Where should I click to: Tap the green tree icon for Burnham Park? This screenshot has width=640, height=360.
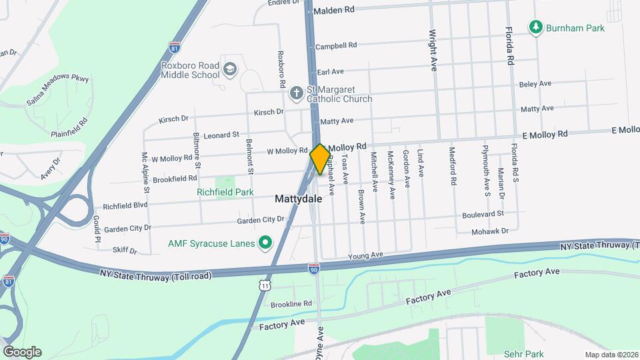pyautogui.click(x=535, y=28)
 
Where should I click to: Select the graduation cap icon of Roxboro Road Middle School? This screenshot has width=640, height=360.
pyautogui.click(x=230, y=69)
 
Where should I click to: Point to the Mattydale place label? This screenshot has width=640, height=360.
pyautogui.click(x=298, y=199)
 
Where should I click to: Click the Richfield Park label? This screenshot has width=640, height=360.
pyautogui.click(x=226, y=192)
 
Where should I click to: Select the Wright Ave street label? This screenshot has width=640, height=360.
pyautogui.click(x=433, y=50)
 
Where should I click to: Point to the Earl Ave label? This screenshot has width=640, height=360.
pyautogui.click(x=331, y=71)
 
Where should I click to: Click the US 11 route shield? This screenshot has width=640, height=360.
pyautogui.click(x=265, y=285)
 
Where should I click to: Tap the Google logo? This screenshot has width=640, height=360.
pyautogui.click(x=21, y=351)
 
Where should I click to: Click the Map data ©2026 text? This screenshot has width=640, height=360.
pyautogui.click(x=611, y=355)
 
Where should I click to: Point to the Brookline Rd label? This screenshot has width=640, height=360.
pyautogui.click(x=291, y=304)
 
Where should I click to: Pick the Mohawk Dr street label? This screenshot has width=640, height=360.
pyautogui.click(x=491, y=231)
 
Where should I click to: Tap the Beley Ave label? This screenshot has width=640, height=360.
pyautogui.click(x=535, y=84)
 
